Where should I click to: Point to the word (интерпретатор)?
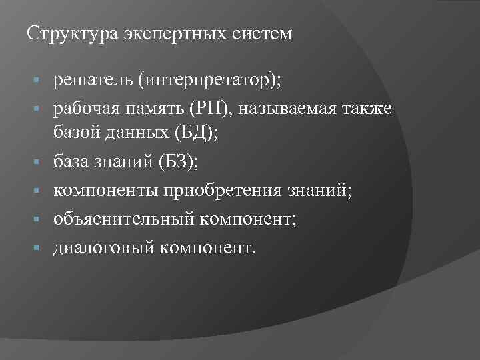[x=209, y=81]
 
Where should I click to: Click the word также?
[x=371, y=109]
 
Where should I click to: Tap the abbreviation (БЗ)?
[x=178, y=161]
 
